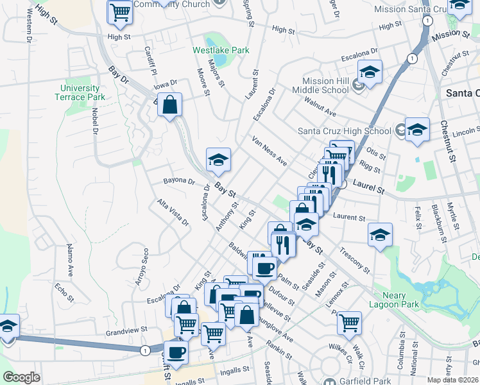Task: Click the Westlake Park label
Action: pyautogui.click(x=221, y=49)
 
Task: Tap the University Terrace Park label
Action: pyautogui.click(x=80, y=92)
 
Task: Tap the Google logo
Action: pyautogui.click(x=21, y=377)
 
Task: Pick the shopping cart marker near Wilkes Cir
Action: pyautogui.click(x=349, y=323)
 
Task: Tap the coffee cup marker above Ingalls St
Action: pyautogui.click(x=176, y=352)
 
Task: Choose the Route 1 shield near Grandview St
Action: pyautogui.click(x=144, y=350)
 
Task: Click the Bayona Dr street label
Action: pyautogui.click(x=178, y=182)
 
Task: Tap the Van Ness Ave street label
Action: pyautogui.click(x=270, y=151)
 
